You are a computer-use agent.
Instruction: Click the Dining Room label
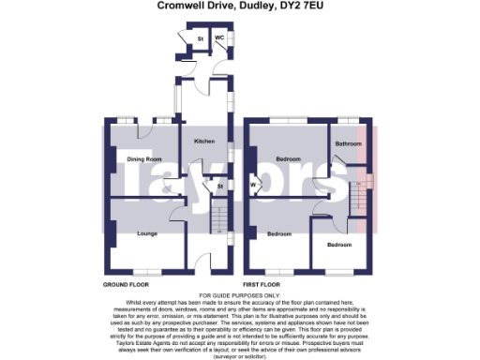pos(144,159)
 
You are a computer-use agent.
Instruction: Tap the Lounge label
pos(146,232)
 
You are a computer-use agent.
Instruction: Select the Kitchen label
pos(204,142)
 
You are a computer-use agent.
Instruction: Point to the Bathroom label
pos(350,143)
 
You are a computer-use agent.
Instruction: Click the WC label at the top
pos(219,38)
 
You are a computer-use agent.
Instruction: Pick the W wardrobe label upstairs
pos(253,184)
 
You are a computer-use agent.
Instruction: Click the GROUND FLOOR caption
pos(126,282)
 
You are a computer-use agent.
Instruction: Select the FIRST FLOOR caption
pos(262,282)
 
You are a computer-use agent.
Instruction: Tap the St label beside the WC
pos(200,38)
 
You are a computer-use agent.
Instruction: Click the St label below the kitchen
pos(220,188)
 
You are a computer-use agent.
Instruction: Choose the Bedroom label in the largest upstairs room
pos(290,159)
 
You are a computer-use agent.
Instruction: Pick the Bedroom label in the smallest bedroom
pos(339,245)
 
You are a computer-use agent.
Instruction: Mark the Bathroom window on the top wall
pos(349,121)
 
